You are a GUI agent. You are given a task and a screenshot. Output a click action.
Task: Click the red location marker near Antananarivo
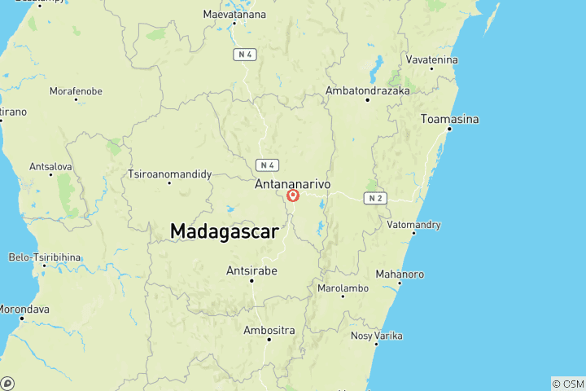(x=294, y=195)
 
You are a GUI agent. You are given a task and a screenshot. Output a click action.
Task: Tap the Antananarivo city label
(x=293, y=185)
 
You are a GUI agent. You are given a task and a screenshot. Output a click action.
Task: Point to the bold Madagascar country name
(x=225, y=231)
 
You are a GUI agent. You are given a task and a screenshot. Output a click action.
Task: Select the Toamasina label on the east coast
(x=449, y=119)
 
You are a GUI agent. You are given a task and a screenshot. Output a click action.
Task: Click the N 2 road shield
(x=374, y=198)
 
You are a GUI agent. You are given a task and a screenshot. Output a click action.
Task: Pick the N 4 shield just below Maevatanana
(x=244, y=55)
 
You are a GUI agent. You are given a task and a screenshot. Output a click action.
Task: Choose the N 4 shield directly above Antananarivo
(x=267, y=165)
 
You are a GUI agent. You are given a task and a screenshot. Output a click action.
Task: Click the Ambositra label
(x=269, y=330)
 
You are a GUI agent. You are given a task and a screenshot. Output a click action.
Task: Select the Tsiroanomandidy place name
(x=170, y=174)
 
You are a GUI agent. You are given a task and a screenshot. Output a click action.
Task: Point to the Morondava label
(x=23, y=310)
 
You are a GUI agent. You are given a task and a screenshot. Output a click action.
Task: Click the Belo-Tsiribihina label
(x=45, y=257)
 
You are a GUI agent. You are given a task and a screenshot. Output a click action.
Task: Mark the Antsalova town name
(x=50, y=166)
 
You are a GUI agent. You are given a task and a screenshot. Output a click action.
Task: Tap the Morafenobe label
(x=76, y=91)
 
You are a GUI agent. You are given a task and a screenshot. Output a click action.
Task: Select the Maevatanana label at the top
(x=234, y=14)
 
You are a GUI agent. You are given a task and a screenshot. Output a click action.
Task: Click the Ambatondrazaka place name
(x=367, y=90)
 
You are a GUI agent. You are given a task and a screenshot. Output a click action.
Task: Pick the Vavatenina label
(x=432, y=60)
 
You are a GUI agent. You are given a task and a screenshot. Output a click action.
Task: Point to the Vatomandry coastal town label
(x=414, y=224)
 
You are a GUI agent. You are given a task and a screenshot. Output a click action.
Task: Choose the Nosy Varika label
(x=376, y=336)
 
